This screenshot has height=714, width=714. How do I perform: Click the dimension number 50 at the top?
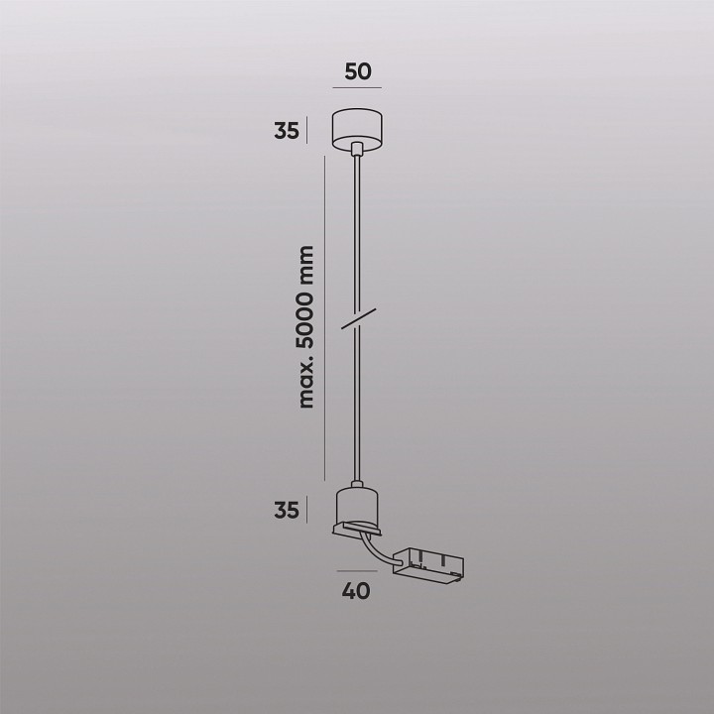point(357,71)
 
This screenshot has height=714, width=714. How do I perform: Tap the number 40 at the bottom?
point(356,591)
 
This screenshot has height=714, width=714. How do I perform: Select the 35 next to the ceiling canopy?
point(288,131)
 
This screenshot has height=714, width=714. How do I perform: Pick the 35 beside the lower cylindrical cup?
point(288,511)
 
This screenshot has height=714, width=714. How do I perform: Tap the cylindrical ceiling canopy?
point(357,126)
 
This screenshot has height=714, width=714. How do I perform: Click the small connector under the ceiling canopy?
point(357,150)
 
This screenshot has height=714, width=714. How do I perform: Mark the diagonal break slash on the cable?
point(357,320)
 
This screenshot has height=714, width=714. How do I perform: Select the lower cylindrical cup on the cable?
point(357,508)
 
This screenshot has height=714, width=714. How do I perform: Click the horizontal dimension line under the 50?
point(357,89)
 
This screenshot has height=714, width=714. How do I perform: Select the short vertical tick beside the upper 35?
point(308,130)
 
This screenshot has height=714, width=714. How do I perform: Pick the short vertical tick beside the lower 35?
point(308,510)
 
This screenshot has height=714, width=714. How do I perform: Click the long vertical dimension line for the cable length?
point(325,317)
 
